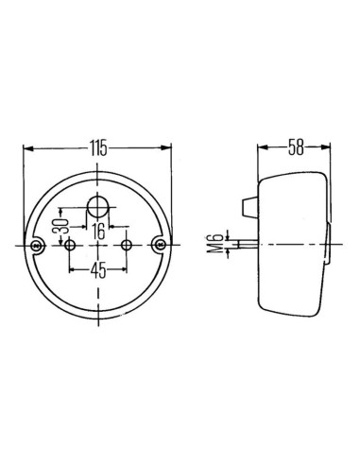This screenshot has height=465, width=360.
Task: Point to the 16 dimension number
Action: coord(98,229)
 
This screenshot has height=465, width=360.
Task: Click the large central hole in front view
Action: coord(98,205)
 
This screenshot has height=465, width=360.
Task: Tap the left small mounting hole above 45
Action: coord(71,245)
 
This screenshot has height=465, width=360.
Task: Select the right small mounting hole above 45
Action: coord(128,245)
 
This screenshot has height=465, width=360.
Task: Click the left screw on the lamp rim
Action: coord(38,245)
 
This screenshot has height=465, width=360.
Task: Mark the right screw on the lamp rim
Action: coord(161,245)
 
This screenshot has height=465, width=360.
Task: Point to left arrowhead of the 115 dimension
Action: coord(26,149)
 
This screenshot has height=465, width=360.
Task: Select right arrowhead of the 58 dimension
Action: coord(332,149)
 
